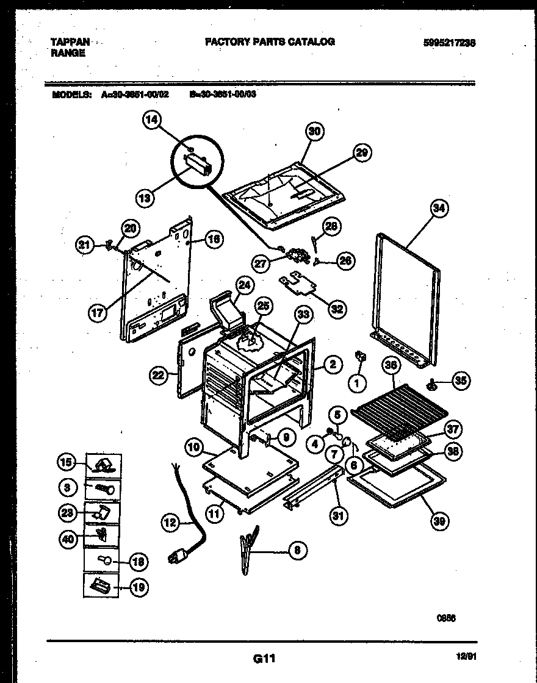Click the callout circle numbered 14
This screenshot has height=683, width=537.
tap(153, 121)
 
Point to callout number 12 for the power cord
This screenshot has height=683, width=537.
tap(171, 522)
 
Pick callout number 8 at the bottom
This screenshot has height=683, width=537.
tap(297, 550)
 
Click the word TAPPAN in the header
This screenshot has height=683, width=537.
tap(70, 42)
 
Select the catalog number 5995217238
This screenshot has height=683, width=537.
tap(450, 43)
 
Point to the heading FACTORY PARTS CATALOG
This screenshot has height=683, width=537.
tap(269, 41)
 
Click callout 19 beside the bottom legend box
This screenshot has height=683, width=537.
tap(139, 587)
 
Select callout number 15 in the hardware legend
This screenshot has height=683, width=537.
tap(67, 463)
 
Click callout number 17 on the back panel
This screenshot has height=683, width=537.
tap(98, 313)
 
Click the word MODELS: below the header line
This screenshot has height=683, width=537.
tap(72, 95)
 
